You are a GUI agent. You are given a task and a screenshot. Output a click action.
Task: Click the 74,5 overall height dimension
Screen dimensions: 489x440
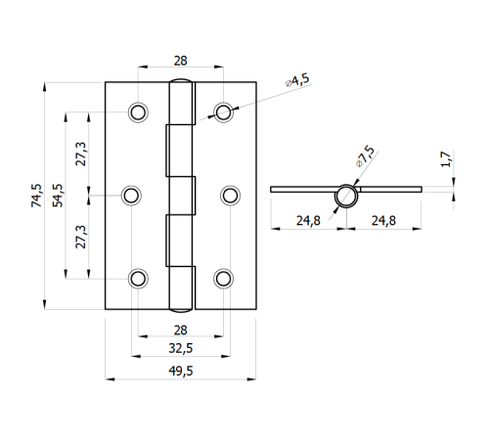36,196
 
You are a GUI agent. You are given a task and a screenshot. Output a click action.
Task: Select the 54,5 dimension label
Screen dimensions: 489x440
58,196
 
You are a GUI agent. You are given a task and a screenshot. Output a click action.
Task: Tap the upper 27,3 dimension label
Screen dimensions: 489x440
81,154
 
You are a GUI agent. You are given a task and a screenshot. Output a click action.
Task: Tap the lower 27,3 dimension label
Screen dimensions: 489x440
81,237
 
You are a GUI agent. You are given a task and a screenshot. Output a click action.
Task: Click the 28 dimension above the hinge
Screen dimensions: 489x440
180,61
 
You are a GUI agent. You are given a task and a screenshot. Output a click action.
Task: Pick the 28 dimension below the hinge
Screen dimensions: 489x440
180,330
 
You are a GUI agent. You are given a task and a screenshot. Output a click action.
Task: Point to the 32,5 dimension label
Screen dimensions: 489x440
181,348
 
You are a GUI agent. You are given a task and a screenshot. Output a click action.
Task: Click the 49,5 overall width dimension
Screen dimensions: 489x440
181,371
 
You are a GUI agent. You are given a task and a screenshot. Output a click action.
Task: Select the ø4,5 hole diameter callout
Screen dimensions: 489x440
297,80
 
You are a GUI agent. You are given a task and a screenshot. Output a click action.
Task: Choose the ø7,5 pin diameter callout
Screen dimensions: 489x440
365,156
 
